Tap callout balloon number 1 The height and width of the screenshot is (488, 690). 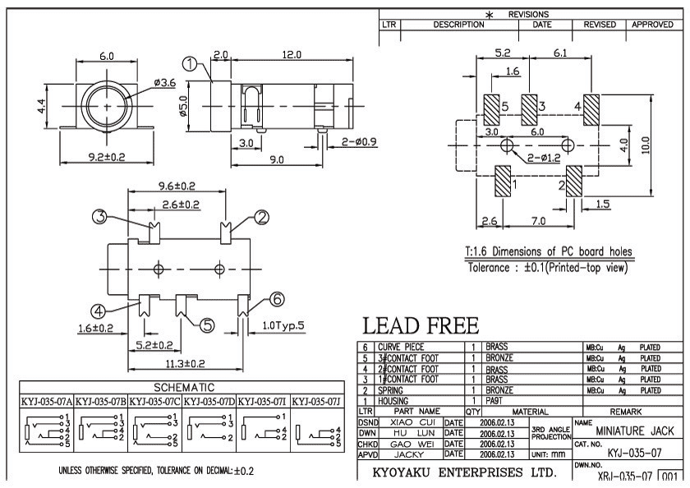pos(191,65)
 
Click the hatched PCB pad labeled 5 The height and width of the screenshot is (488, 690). pos(492,108)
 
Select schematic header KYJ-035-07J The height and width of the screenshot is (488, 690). pos(318,402)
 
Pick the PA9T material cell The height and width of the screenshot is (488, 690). pos(496,400)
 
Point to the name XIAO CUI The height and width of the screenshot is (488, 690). pos(411,421)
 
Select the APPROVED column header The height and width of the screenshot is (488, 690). pos(652,25)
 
